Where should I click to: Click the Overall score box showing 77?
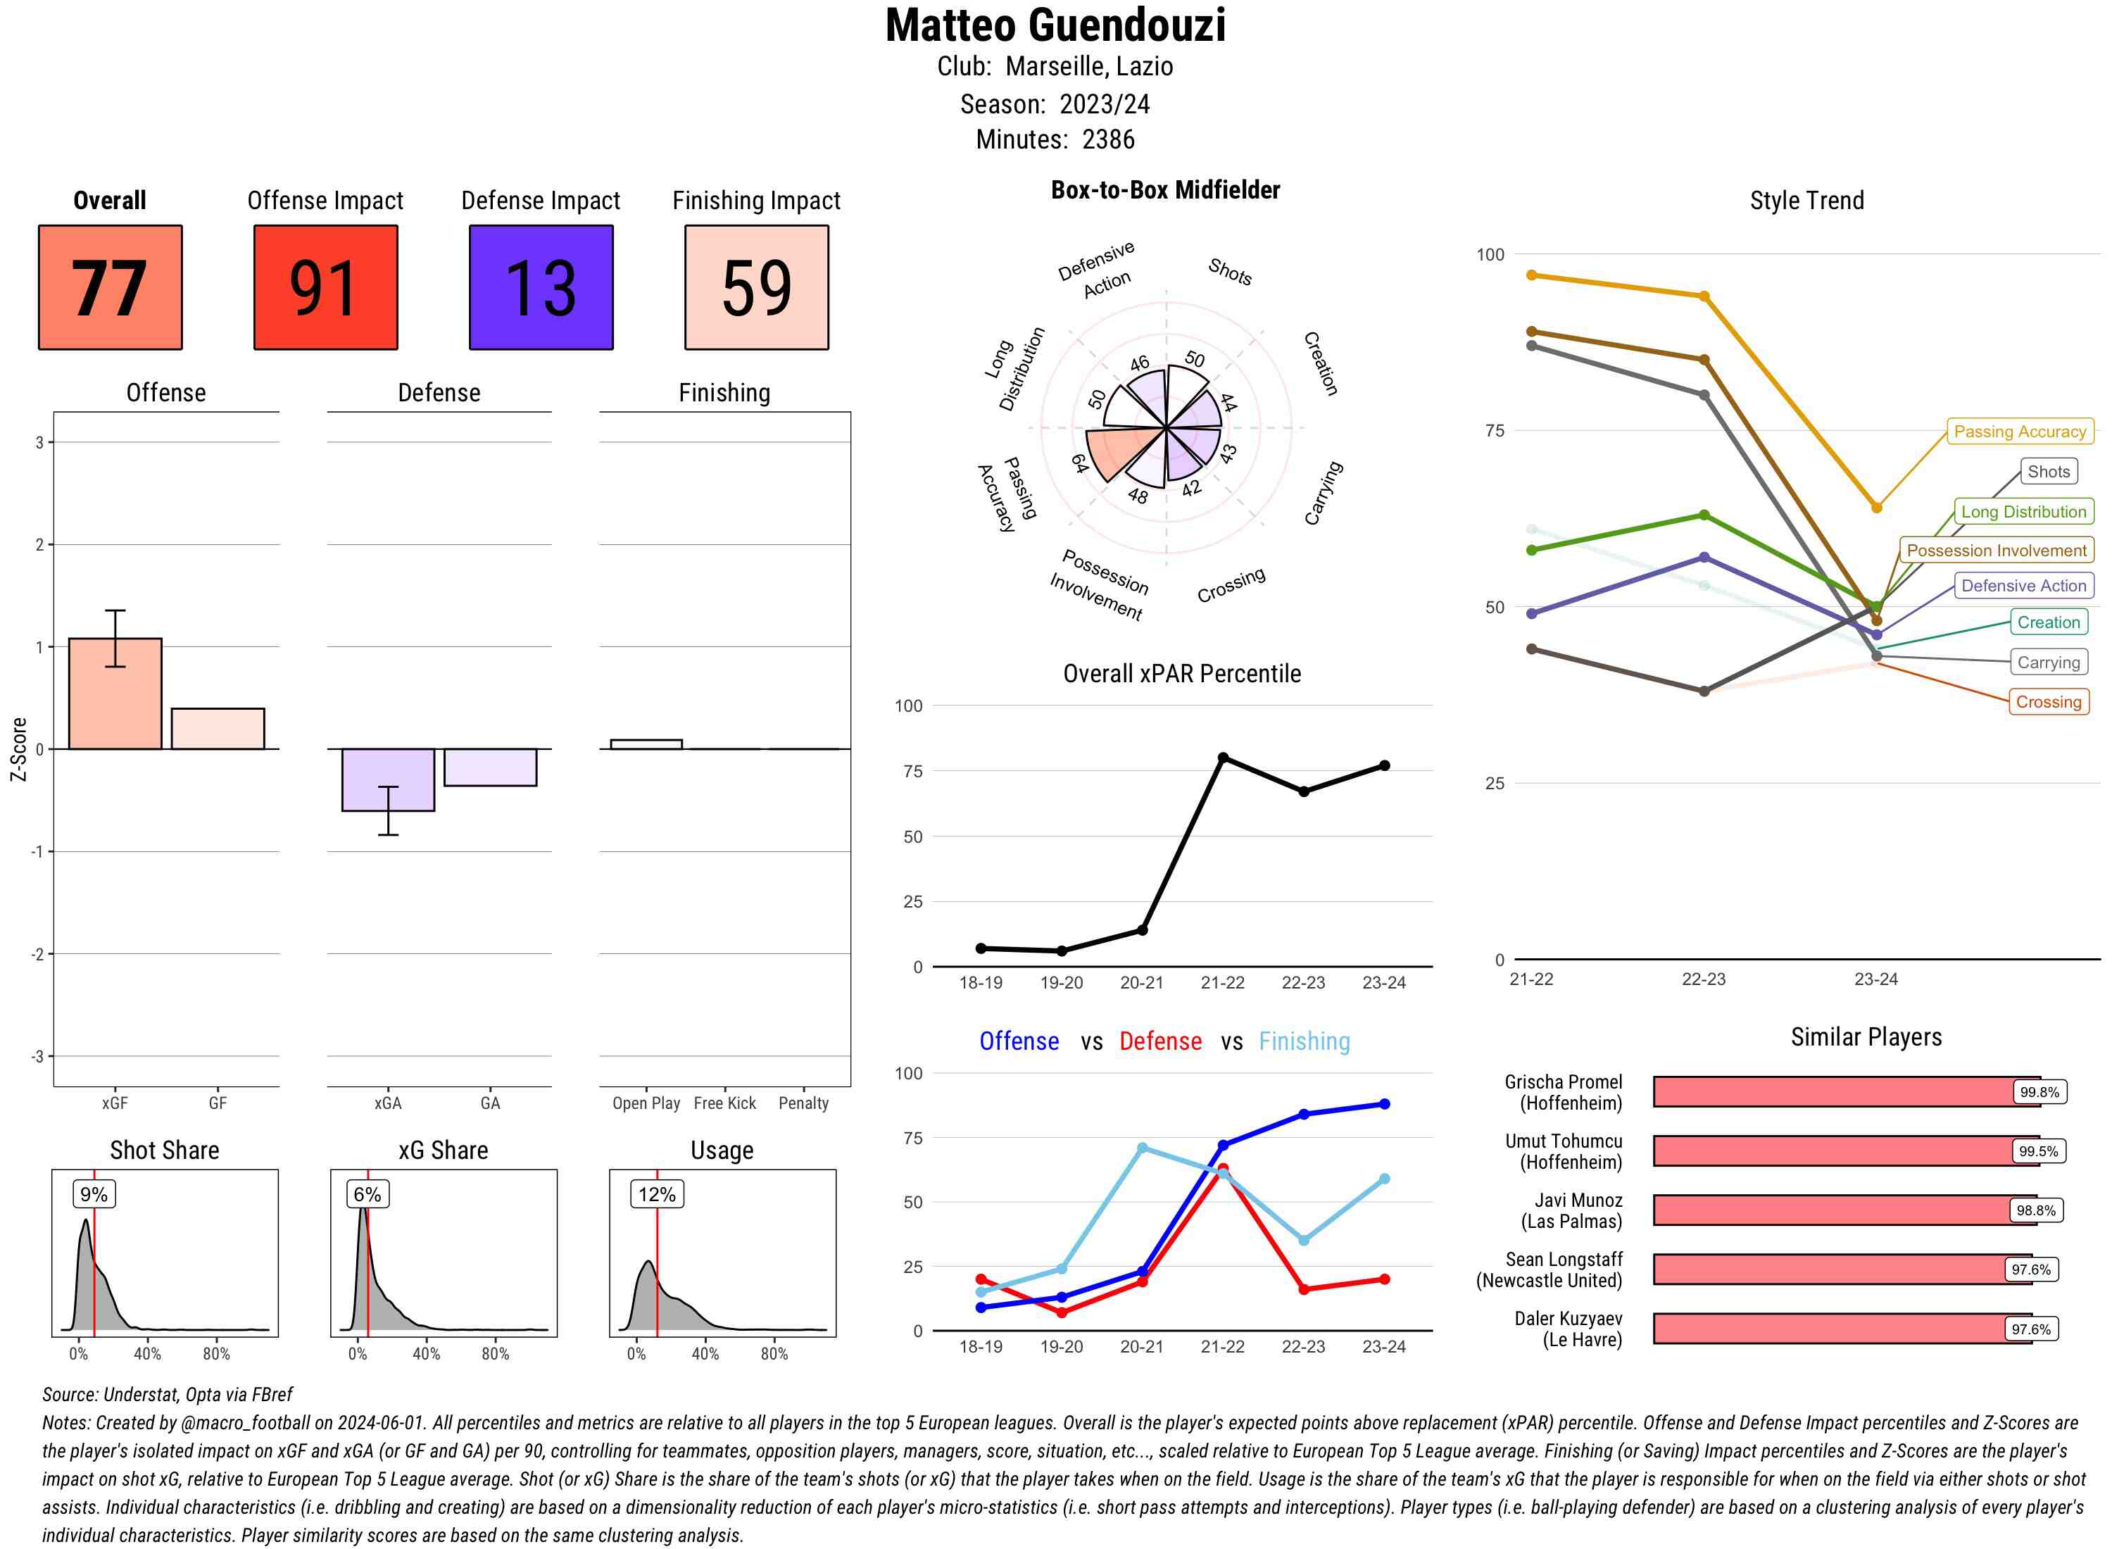coord(110,287)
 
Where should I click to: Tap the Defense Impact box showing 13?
coord(541,287)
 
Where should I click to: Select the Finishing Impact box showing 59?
coord(757,287)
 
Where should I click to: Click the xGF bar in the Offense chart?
coord(115,694)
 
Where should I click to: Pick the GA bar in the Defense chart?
coord(490,767)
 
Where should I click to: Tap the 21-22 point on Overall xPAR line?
coord(1222,758)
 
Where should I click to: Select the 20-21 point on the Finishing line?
coord(1142,1148)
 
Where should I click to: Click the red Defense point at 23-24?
coord(1385,1279)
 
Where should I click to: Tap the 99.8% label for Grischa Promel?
coord(2039,1092)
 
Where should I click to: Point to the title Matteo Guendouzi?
coord(1055,25)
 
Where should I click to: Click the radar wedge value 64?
coord(1080,463)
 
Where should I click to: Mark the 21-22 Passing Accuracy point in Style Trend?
coord(1532,275)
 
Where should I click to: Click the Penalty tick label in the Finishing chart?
coord(803,1103)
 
